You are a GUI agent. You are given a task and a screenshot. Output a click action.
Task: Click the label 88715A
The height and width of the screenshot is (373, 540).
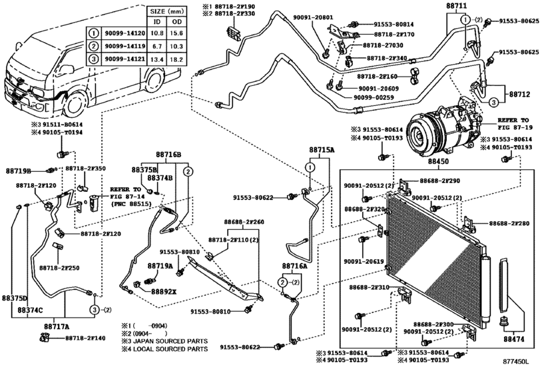click(x=322, y=151)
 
